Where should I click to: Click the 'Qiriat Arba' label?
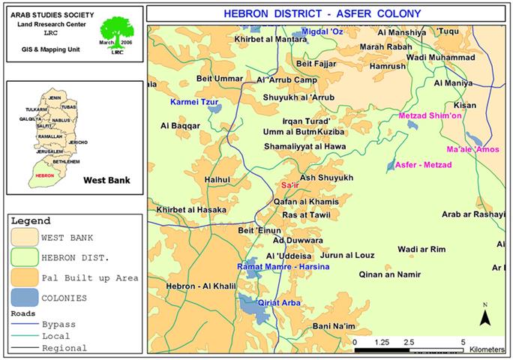click(x=279, y=303)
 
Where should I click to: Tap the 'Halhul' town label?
click(x=217, y=180)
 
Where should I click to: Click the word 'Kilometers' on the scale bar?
click(x=488, y=349)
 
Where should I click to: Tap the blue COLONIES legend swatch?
click(x=24, y=298)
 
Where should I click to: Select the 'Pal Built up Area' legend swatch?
click(x=24, y=277)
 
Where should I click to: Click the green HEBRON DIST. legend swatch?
click(x=24, y=257)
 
